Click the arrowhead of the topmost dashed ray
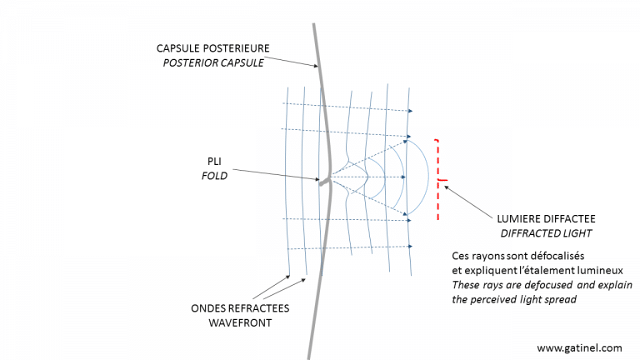[x=409, y=110]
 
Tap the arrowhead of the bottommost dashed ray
[x=409, y=247]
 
